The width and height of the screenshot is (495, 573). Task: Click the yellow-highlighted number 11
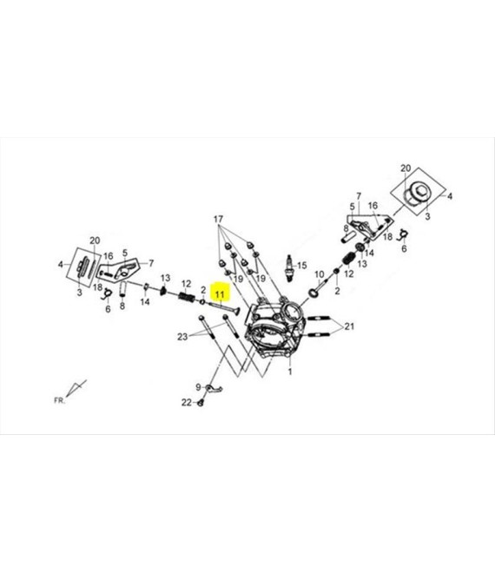tap(220, 294)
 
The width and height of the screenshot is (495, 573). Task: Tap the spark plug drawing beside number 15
tap(289, 268)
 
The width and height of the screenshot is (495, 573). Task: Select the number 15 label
tap(302, 266)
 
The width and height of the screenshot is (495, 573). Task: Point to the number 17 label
tap(218, 220)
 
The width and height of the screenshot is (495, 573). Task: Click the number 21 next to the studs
tap(349, 326)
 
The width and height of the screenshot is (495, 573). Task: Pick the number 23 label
tap(182, 337)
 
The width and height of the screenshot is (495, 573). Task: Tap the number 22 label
tap(187, 402)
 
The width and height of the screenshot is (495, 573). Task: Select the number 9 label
tap(198, 386)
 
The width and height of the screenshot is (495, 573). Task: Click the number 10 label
tap(320, 274)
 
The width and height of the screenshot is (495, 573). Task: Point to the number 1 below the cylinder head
tap(290, 372)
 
